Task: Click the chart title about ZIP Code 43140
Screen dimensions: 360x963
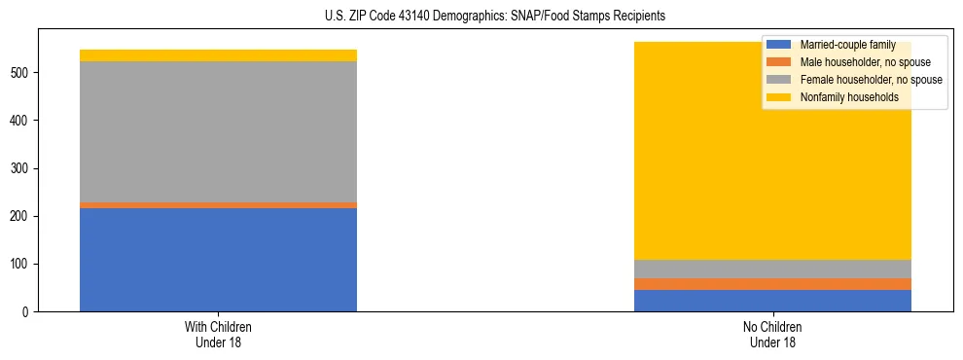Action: pos(495,17)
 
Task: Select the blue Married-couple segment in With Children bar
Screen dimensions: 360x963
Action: pos(218,260)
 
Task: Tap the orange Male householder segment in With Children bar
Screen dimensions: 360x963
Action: pos(218,205)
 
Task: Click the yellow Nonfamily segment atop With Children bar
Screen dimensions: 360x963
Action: pos(218,55)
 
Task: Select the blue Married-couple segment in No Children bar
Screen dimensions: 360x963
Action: pos(772,301)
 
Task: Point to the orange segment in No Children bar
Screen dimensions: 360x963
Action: pos(772,284)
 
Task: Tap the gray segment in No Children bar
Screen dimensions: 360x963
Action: pos(772,269)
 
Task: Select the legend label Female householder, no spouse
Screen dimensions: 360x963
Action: pos(870,80)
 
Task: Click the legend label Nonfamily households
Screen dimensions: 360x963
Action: pos(842,97)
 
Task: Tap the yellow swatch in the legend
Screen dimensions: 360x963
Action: pos(779,97)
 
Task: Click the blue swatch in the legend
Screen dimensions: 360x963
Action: pos(779,45)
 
